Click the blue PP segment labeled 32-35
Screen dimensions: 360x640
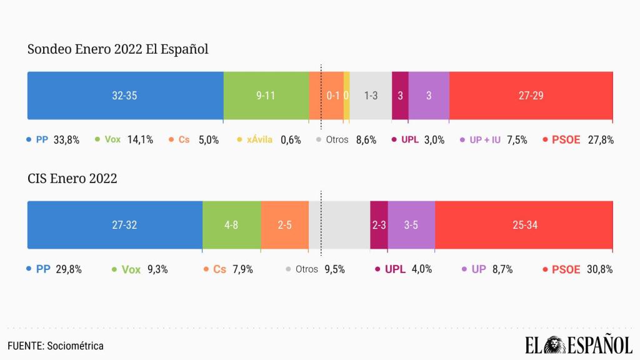(x=125, y=96)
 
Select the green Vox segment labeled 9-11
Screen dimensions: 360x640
(x=266, y=96)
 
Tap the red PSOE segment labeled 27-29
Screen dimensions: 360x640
(x=531, y=96)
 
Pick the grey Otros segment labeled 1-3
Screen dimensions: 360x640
(x=371, y=96)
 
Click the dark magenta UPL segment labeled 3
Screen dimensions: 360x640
(x=400, y=96)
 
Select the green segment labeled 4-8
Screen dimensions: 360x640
(x=231, y=225)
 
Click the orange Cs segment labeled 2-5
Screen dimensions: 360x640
(x=284, y=225)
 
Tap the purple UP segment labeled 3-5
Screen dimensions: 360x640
(x=411, y=225)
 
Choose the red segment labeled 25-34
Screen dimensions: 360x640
(x=524, y=225)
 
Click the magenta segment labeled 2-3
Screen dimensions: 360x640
(x=379, y=225)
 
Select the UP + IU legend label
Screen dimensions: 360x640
(x=485, y=140)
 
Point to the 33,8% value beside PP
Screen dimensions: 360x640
(x=67, y=140)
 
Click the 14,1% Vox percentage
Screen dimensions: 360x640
(x=140, y=140)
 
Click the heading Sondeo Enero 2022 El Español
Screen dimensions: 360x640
(x=118, y=50)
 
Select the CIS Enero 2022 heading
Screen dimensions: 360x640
(x=72, y=179)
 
